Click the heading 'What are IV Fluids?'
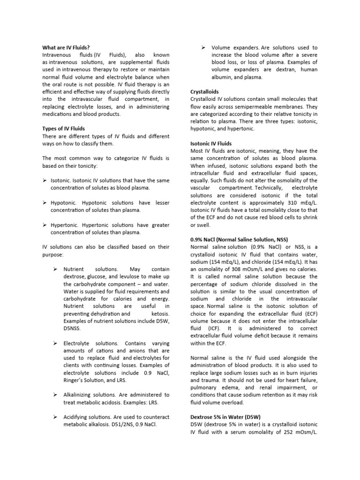[x=66, y=47]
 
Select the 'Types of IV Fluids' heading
[x=64, y=128]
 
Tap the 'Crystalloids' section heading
[x=204, y=92]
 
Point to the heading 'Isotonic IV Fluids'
[x=211, y=143]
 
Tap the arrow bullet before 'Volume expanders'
[x=203, y=47]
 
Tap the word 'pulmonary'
[x=205, y=388]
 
